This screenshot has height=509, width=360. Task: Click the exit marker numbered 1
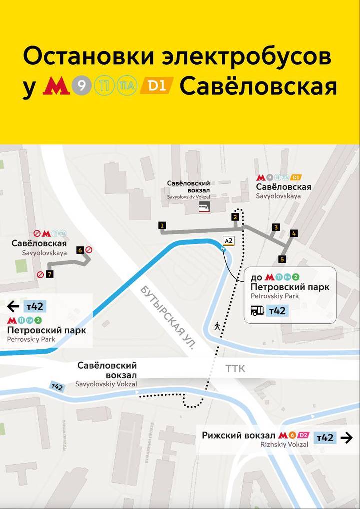162,226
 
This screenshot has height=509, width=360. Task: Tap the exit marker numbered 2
235,217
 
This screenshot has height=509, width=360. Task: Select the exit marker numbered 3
275,228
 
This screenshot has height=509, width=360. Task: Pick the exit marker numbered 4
294,233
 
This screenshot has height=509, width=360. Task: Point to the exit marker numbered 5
282,259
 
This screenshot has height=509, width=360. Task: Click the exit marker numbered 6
80,250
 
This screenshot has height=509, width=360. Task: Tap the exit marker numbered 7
49,274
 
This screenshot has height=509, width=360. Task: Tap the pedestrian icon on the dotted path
217,326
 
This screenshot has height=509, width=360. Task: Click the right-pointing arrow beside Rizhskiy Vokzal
346,438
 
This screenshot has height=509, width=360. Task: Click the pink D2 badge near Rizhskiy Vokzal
304,434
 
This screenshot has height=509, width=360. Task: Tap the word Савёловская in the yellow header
258,86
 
